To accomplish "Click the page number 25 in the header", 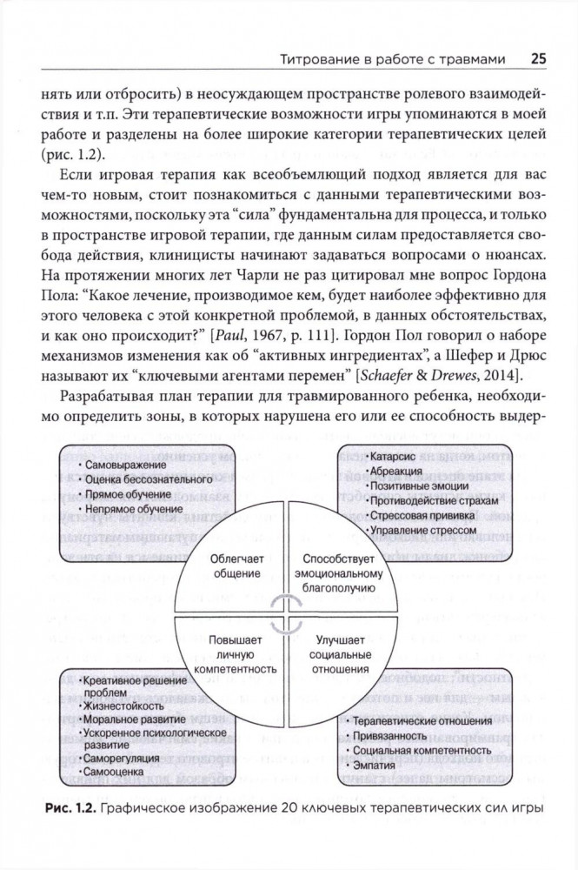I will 537,60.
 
